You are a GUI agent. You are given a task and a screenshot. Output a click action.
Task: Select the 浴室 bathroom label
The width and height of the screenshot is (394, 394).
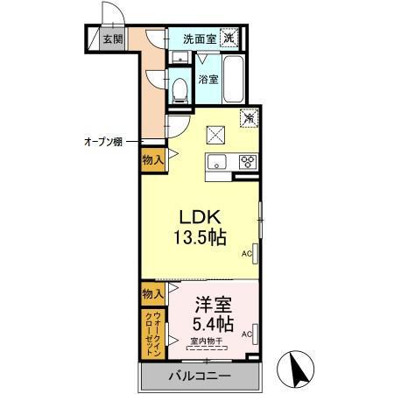208,80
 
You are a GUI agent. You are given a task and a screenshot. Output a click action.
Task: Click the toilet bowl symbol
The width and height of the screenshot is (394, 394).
179,88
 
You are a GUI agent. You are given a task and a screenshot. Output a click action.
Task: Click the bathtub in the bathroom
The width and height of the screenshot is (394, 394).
236,78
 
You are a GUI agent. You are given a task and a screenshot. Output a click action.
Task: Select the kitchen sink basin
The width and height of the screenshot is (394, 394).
216,160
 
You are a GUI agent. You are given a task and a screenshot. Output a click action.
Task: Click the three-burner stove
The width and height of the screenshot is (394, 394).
248,160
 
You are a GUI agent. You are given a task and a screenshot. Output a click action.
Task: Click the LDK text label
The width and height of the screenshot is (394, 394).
199,217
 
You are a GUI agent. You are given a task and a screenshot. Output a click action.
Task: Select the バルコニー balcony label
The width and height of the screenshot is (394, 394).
199,376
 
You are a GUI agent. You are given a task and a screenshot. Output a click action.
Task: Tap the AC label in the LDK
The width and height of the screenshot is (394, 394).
247,255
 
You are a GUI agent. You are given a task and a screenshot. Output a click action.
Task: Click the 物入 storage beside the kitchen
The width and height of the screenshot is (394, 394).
151,158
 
